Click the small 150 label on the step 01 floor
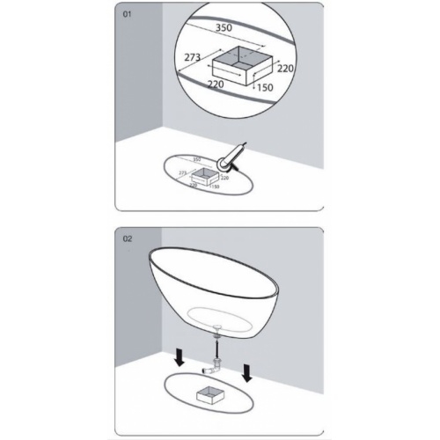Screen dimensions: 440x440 (x=215, y=187)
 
